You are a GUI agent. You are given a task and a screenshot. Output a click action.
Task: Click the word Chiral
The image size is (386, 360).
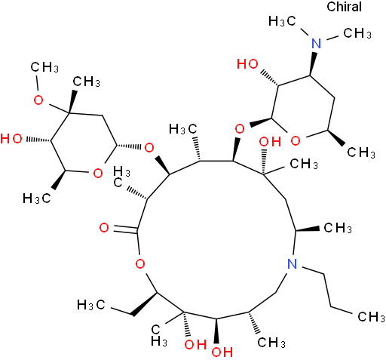pyautogui.click(x=344, y=7)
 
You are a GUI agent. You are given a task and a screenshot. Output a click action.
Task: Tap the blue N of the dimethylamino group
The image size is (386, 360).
pyautogui.click(x=316, y=43)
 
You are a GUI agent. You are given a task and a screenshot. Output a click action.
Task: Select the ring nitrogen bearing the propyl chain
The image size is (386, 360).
pyautogui.click(x=292, y=264)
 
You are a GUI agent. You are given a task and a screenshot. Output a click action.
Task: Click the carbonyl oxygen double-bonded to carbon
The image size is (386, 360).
pyautogui.click(x=104, y=228)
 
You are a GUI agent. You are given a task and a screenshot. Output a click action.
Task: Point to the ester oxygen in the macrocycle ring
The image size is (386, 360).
pyautogui.click(x=140, y=264)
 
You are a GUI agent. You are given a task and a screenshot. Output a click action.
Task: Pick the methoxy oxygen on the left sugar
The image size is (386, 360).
pyautogui.click(x=38, y=100)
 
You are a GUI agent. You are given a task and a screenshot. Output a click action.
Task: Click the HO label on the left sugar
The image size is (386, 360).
pyautogui.click(x=11, y=139)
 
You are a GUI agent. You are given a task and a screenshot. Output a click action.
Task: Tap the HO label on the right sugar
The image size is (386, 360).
pyautogui.click(x=247, y=64)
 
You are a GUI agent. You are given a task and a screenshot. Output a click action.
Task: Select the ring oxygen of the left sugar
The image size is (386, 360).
pyautogui.click(x=97, y=174)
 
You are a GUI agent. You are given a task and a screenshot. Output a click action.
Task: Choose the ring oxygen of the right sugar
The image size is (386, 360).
pyautogui.click(x=296, y=140)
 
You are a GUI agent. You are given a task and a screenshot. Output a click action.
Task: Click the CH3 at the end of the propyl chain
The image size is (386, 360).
pyautogui.click(x=371, y=316)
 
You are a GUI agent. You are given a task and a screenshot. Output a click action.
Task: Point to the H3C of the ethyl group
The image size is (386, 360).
pyautogui.click(x=90, y=305)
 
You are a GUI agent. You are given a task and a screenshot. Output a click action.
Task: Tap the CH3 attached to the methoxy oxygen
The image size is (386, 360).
pyautogui.click(x=44, y=67)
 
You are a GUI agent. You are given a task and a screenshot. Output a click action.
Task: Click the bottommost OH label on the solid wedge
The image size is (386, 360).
pyautogui.click(x=222, y=352)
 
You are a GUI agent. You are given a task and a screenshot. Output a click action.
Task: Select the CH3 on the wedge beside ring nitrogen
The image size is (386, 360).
pyautogui.click(x=338, y=228)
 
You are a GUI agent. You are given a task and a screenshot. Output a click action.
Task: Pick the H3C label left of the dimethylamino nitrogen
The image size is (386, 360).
pyautogui.click(x=282, y=21)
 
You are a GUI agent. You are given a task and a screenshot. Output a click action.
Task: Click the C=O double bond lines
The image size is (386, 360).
pyautogui.click(x=125, y=229)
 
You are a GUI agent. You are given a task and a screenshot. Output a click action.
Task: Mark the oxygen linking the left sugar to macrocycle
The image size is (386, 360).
pyautogui.click(x=149, y=148)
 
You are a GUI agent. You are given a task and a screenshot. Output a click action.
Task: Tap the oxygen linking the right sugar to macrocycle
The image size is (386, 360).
pyautogui.click(x=240, y=129)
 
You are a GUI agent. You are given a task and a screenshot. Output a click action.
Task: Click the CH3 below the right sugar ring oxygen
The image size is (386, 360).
pyautogui.click(x=361, y=152)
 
